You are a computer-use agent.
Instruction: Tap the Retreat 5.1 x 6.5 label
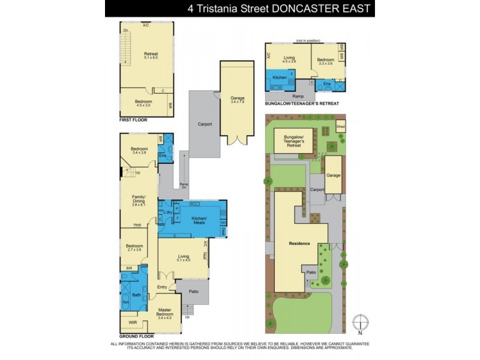(151, 56)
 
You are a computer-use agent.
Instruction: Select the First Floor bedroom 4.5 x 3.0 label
(143, 103)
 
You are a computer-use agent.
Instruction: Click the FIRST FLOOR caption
(133, 120)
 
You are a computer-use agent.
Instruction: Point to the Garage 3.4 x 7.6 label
(238, 99)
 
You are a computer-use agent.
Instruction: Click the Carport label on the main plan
(205, 124)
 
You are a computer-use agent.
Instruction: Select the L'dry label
(168, 212)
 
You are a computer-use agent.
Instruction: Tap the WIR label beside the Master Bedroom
(132, 322)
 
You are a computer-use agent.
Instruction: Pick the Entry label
(162, 287)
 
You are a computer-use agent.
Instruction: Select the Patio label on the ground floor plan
(193, 292)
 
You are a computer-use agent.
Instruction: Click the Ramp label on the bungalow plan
(298, 95)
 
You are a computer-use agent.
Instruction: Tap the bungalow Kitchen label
(280, 78)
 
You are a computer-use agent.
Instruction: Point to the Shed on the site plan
(341, 127)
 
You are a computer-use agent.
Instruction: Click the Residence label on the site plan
(299, 243)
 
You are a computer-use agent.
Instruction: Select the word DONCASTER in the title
(290, 8)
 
